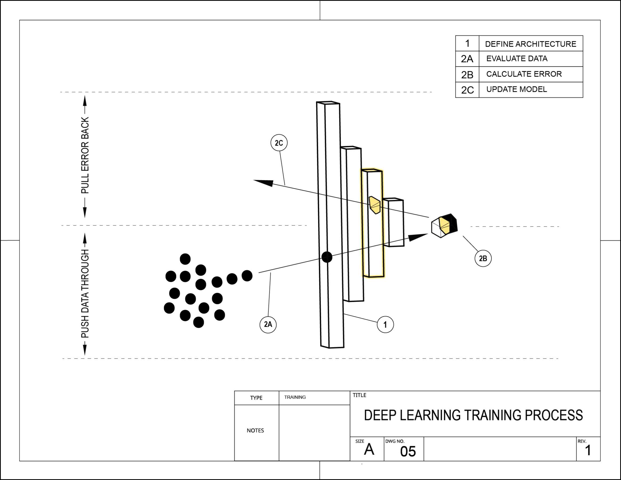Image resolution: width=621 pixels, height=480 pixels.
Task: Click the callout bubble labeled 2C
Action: pyautogui.click(x=279, y=143)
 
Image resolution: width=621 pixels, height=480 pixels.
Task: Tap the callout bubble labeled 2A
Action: pyautogui.click(x=268, y=324)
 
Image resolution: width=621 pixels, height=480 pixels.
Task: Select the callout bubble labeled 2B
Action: pyautogui.click(x=483, y=258)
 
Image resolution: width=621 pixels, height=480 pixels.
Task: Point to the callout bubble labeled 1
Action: pyautogui.click(x=385, y=324)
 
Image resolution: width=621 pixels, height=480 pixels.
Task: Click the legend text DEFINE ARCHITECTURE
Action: pyautogui.click(x=530, y=44)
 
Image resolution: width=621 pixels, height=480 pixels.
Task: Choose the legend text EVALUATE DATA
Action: pyautogui.click(x=517, y=59)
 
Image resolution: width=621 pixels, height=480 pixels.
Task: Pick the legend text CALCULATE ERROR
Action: pyautogui.click(x=524, y=74)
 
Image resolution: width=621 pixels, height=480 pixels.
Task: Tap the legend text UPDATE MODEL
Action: pyautogui.click(x=516, y=89)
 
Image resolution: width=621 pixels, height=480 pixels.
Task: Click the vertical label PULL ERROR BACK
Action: pyautogui.click(x=85, y=155)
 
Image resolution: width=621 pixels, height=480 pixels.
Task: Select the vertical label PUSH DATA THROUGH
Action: pyautogui.click(x=85, y=294)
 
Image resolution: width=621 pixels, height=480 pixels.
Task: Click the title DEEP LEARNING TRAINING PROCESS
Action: pyautogui.click(x=473, y=415)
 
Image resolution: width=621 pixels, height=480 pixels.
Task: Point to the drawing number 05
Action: pyautogui.click(x=408, y=451)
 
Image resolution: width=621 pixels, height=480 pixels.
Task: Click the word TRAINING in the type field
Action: pyautogui.click(x=295, y=397)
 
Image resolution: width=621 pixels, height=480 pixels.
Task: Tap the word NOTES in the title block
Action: pyautogui.click(x=255, y=430)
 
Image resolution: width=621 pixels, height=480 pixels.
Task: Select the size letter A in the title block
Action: pyautogui.click(x=369, y=450)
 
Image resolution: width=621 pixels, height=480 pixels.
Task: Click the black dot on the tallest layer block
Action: pyautogui.click(x=327, y=257)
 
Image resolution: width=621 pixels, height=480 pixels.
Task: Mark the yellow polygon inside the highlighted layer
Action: pyautogui.click(x=375, y=205)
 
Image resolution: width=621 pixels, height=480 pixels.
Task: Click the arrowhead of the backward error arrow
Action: pyautogui.click(x=263, y=183)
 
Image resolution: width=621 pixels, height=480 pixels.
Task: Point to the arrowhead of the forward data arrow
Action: pyautogui.click(x=418, y=237)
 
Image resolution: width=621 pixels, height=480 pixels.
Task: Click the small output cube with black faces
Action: pyautogui.click(x=444, y=226)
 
